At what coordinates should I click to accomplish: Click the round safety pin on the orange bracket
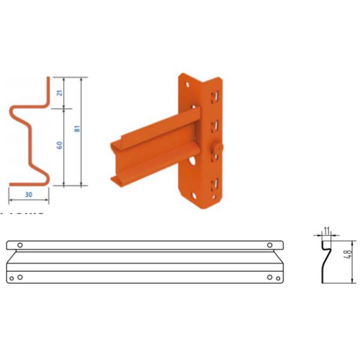click(217, 148)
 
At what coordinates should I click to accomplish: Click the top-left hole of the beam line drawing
click(20, 245)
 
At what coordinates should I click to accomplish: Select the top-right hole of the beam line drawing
click(270, 245)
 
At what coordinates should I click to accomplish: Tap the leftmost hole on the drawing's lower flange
click(13, 277)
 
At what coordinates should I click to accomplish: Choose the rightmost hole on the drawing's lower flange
click(277, 277)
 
